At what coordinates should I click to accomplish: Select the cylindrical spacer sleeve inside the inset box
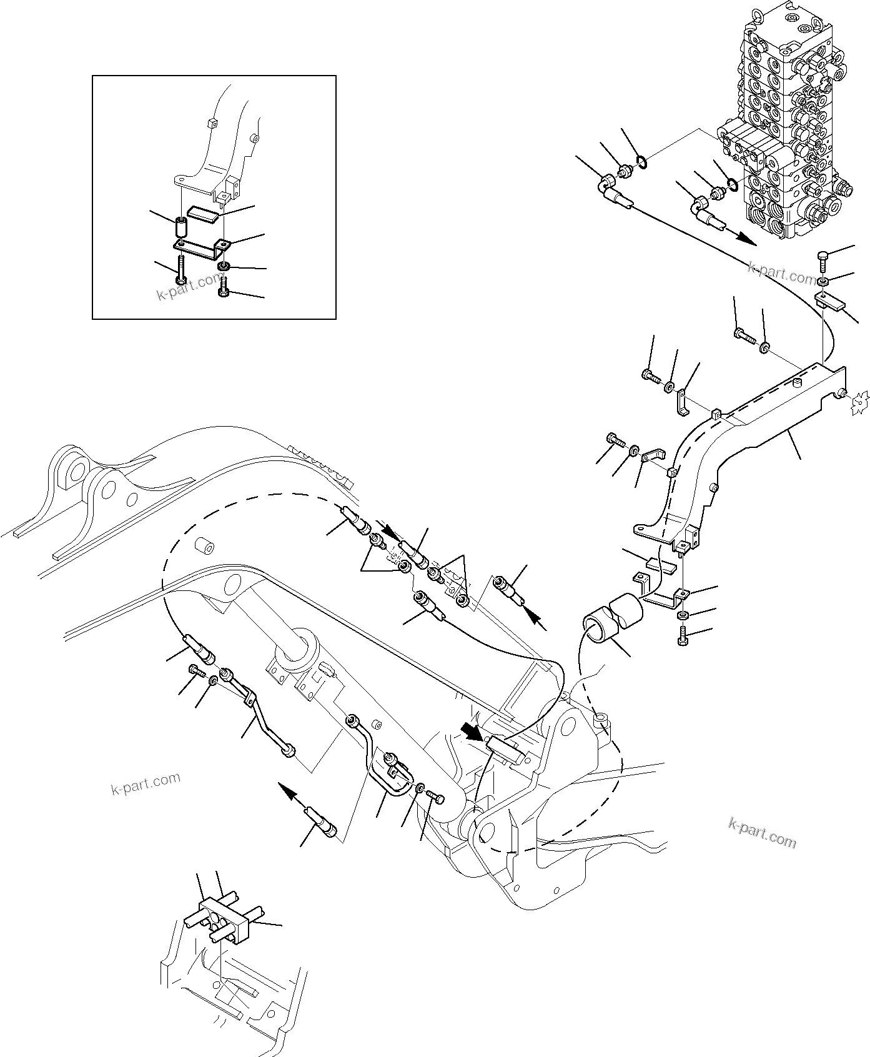pyautogui.click(x=180, y=226)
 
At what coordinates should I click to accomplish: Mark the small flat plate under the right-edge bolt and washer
pyautogui.click(x=829, y=302)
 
